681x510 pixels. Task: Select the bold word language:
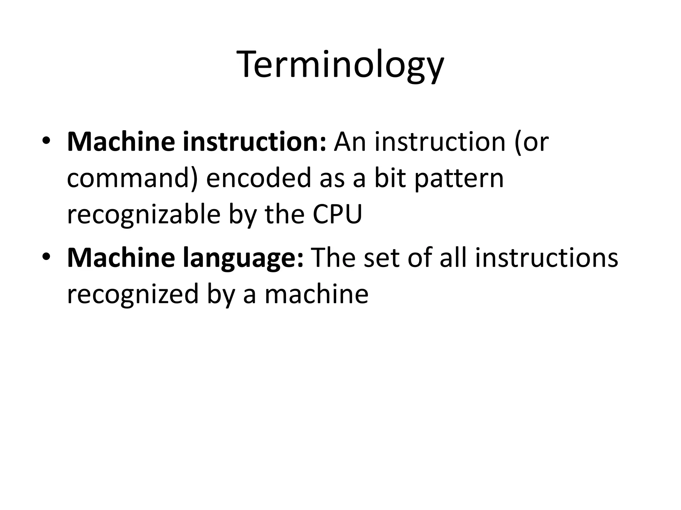[x=243, y=258]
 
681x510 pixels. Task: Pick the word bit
[x=390, y=178]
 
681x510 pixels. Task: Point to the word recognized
[x=133, y=295]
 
